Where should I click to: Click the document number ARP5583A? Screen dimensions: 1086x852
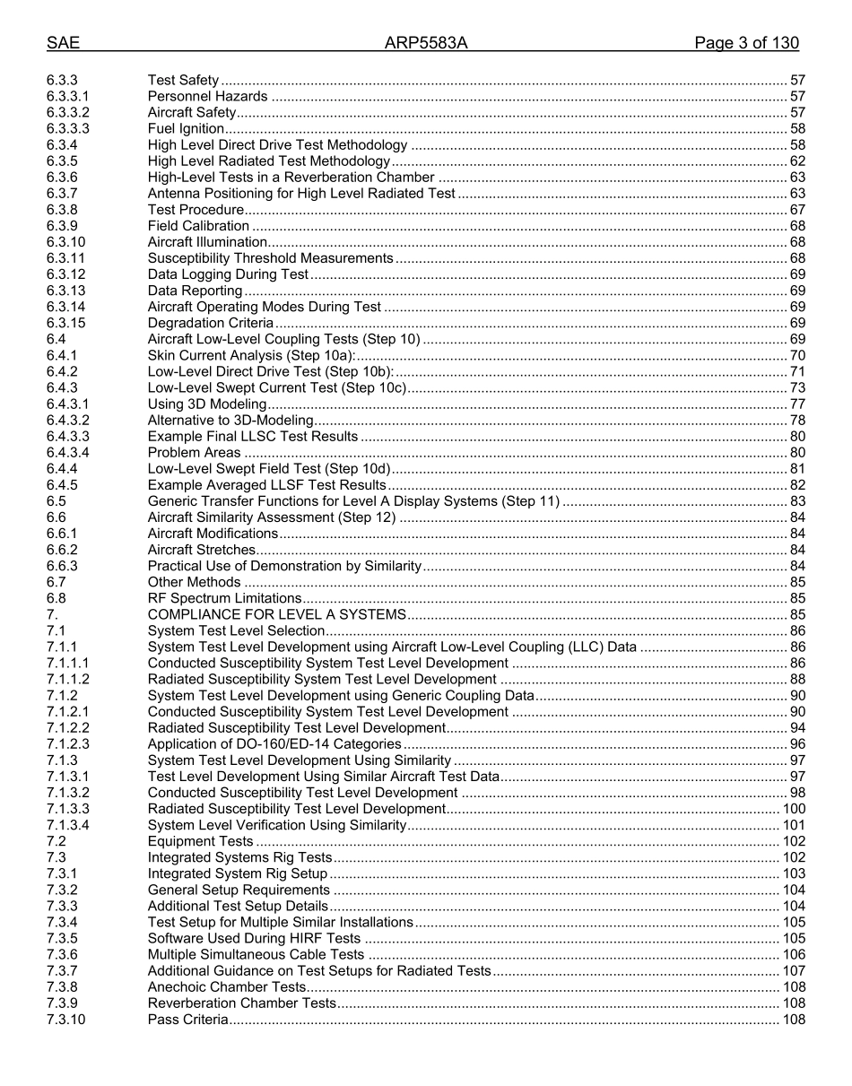[x=426, y=43]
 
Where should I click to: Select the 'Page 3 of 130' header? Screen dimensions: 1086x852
[x=746, y=43]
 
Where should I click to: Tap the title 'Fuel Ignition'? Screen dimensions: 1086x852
[x=186, y=128]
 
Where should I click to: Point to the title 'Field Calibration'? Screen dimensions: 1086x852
[x=198, y=226]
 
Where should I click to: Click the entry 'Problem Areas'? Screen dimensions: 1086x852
[x=194, y=453]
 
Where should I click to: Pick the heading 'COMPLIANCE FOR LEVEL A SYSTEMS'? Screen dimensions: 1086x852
[x=277, y=614]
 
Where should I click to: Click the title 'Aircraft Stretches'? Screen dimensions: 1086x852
[x=202, y=550]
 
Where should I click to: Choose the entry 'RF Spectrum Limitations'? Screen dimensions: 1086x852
[x=224, y=598]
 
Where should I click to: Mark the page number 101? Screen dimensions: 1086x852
[x=794, y=825]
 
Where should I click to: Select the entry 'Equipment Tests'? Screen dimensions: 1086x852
[x=200, y=841]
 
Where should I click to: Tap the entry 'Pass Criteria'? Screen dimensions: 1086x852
[x=187, y=1020]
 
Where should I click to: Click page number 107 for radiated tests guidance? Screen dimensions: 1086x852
[x=794, y=971]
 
